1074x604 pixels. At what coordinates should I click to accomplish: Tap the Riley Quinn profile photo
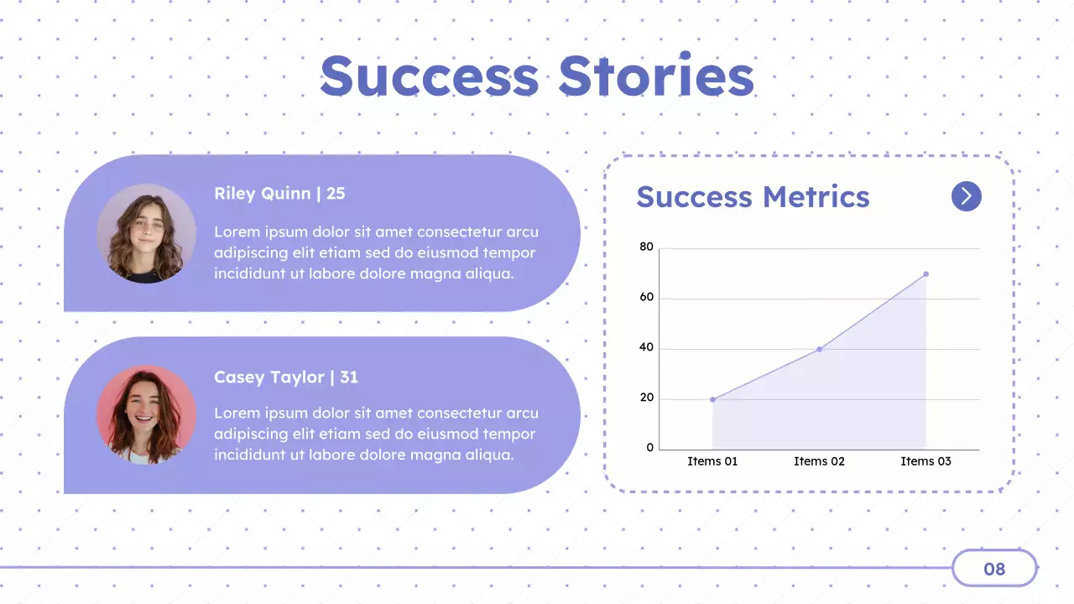pyautogui.click(x=146, y=233)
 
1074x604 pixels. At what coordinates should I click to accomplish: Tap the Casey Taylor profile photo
pyautogui.click(x=146, y=415)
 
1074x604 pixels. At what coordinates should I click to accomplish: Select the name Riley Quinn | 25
pyautogui.click(x=279, y=194)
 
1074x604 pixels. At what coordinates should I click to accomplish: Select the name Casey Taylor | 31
pyautogui.click(x=286, y=377)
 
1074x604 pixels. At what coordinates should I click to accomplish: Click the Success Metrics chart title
pyautogui.click(x=753, y=197)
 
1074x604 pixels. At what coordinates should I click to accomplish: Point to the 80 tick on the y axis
pyautogui.click(x=646, y=247)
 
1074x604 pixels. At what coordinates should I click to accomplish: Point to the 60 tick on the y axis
pyautogui.click(x=646, y=297)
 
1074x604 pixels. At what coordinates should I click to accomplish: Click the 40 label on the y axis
pyautogui.click(x=646, y=347)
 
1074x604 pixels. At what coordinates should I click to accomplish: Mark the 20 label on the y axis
pyautogui.click(x=646, y=398)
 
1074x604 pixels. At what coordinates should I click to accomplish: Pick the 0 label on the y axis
pyautogui.click(x=649, y=448)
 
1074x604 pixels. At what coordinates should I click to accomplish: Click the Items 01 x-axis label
pyautogui.click(x=712, y=461)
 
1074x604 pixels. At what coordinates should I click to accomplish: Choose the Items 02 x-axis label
pyautogui.click(x=819, y=461)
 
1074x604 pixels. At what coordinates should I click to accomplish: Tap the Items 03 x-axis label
pyautogui.click(x=925, y=461)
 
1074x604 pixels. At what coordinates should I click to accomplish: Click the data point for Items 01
pyautogui.click(x=712, y=399)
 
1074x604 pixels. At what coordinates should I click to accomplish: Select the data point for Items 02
pyautogui.click(x=819, y=349)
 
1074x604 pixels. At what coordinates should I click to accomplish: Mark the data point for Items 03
pyautogui.click(x=925, y=273)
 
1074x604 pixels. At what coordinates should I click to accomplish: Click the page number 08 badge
pyautogui.click(x=994, y=569)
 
